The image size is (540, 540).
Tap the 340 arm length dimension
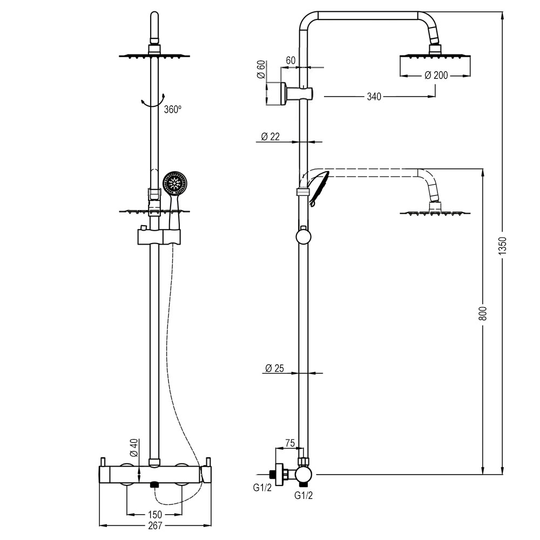click(x=374, y=97)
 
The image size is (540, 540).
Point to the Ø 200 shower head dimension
click(x=436, y=76)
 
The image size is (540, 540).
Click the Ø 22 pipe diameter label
click(x=270, y=137)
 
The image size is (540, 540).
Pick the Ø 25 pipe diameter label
click(x=275, y=368)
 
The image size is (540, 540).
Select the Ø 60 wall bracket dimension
click(x=261, y=70)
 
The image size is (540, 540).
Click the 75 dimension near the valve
click(x=289, y=443)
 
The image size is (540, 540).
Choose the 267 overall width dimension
click(x=156, y=524)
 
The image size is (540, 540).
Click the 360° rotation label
click(x=172, y=109)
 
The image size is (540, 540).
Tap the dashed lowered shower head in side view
click(x=435, y=212)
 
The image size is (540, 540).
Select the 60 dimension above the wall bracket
click(x=290, y=60)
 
